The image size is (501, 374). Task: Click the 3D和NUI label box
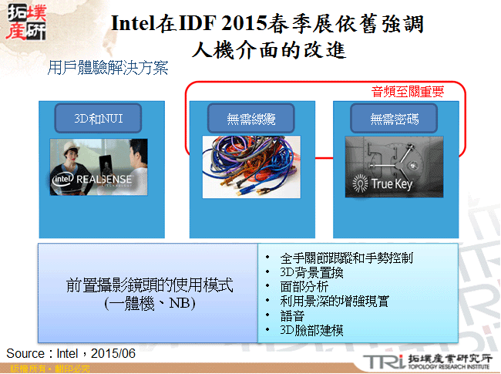[x=98, y=119]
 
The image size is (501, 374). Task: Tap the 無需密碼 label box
[x=393, y=119]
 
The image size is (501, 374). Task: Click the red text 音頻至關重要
[x=408, y=91]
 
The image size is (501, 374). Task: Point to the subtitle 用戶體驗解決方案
[x=108, y=67]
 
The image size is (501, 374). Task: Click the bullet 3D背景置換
[x=312, y=272]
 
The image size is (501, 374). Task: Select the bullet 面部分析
[x=304, y=287]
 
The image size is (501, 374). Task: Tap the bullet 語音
[x=294, y=316]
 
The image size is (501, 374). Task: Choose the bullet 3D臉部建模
[x=312, y=331]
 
